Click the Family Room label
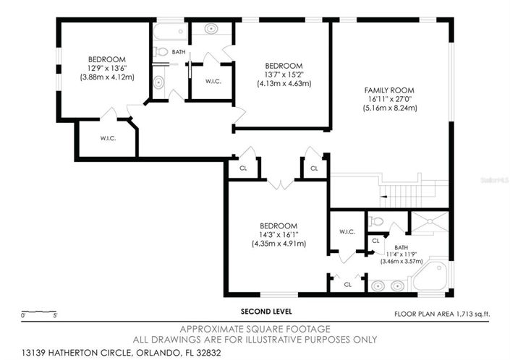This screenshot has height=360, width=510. (389, 90)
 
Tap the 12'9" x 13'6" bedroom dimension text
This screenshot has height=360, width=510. (107, 68)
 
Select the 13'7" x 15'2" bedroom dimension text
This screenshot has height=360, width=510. (284, 74)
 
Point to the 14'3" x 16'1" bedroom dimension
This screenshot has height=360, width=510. (279, 235)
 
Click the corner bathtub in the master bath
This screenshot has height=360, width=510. (430, 276)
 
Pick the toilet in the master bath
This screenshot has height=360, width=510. (376, 222)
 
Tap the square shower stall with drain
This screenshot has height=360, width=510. (430, 222)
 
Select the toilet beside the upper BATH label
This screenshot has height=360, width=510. (161, 51)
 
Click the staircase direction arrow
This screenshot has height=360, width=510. (384, 197)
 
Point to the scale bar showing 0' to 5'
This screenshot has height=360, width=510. (39, 312)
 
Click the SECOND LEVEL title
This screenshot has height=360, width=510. (266, 312)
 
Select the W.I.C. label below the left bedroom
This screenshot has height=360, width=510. (108, 138)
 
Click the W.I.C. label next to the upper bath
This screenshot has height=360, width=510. (213, 81)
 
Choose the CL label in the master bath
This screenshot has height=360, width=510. (375, 241)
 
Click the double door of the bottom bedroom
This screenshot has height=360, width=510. (281, 184)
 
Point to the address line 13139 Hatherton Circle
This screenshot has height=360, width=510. (122, 353)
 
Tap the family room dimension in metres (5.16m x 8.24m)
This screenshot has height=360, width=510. (390, 108)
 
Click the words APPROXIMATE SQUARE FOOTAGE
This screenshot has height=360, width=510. (255, 329)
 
